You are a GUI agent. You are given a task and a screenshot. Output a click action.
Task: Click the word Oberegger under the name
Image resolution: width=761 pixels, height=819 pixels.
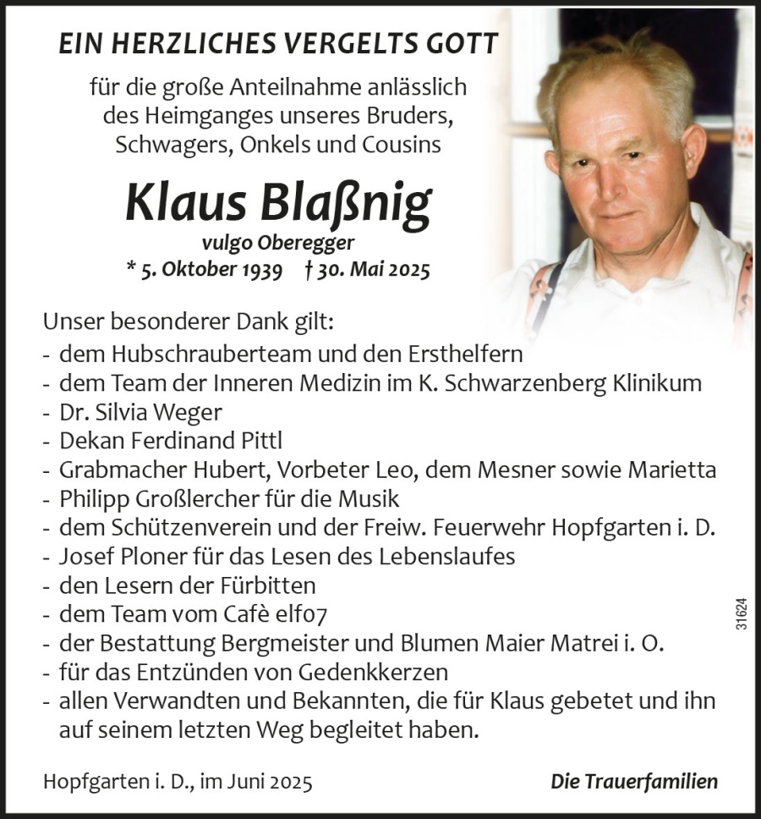coord(295,244)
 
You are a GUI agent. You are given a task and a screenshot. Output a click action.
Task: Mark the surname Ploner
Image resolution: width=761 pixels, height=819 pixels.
coord(142,557)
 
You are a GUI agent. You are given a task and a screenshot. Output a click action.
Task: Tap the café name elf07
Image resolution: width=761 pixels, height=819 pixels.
coord(326,615)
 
